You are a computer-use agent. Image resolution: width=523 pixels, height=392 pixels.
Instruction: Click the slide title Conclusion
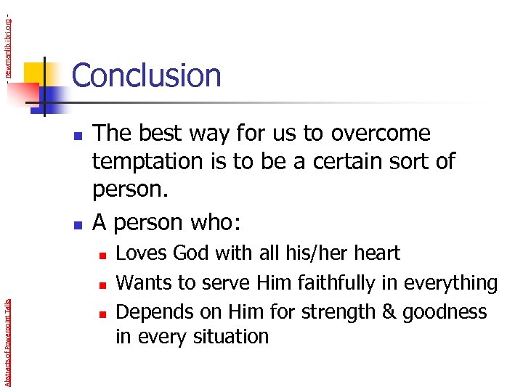pos(146,75)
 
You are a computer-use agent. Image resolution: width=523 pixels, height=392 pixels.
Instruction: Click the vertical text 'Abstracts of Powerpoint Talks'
pos(7,334)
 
